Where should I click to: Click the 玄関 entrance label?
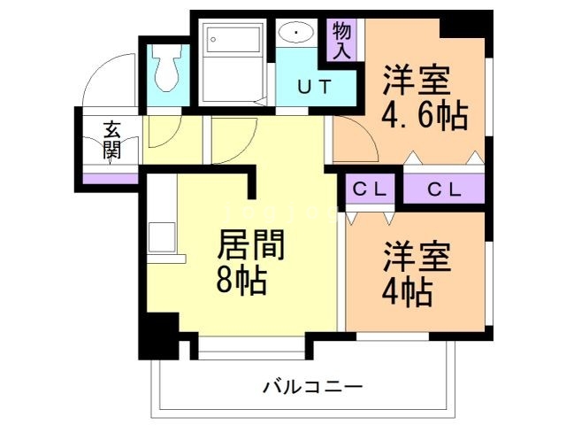111,139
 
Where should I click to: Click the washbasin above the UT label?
294,35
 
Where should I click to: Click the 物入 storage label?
342,40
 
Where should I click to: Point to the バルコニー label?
312,387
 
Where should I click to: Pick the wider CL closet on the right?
444,188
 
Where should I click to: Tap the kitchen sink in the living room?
162,237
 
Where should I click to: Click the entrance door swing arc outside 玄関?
111,80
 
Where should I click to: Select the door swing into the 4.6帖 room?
354,142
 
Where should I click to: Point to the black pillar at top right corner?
466,24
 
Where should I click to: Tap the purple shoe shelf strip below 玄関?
111,177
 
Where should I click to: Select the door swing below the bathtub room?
232,137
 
